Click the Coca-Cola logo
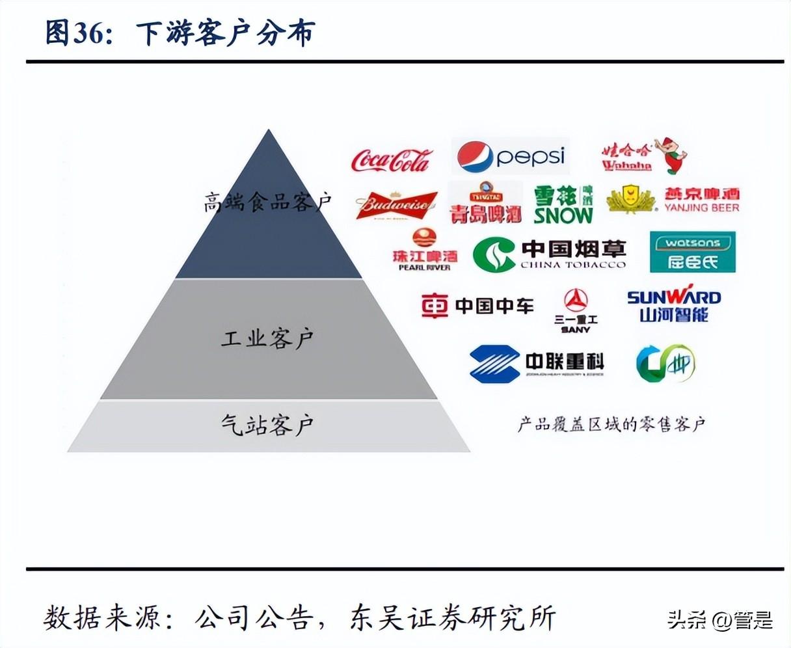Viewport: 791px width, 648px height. pyautogui.click(x=391, y=159)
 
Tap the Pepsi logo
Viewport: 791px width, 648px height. pyautogui.click(x=511, y=156)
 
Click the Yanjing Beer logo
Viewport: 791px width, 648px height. pyautogui.click(x=674, y=200)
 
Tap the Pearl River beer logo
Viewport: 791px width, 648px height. pyautogui.click(x=425, y=251)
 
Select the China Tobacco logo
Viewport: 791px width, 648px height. pyautogui.click(x=550, y=254)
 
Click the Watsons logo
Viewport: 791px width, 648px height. pyautogui.click(x=693, y=252)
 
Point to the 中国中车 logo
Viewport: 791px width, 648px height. pyautogui.click(x=477, y=306)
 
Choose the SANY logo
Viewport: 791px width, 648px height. pyautogui.click(x=576, y=310)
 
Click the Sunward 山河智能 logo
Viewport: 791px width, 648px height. pyautogui.click(x=674, y=306)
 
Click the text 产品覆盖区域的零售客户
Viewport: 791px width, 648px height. pyautogui.click(x=611, y=425)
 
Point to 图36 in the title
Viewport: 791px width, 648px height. pyautogui.click(x=75, y=33)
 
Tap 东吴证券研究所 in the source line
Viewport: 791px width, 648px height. pyautogui.click(x=453, y=617)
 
